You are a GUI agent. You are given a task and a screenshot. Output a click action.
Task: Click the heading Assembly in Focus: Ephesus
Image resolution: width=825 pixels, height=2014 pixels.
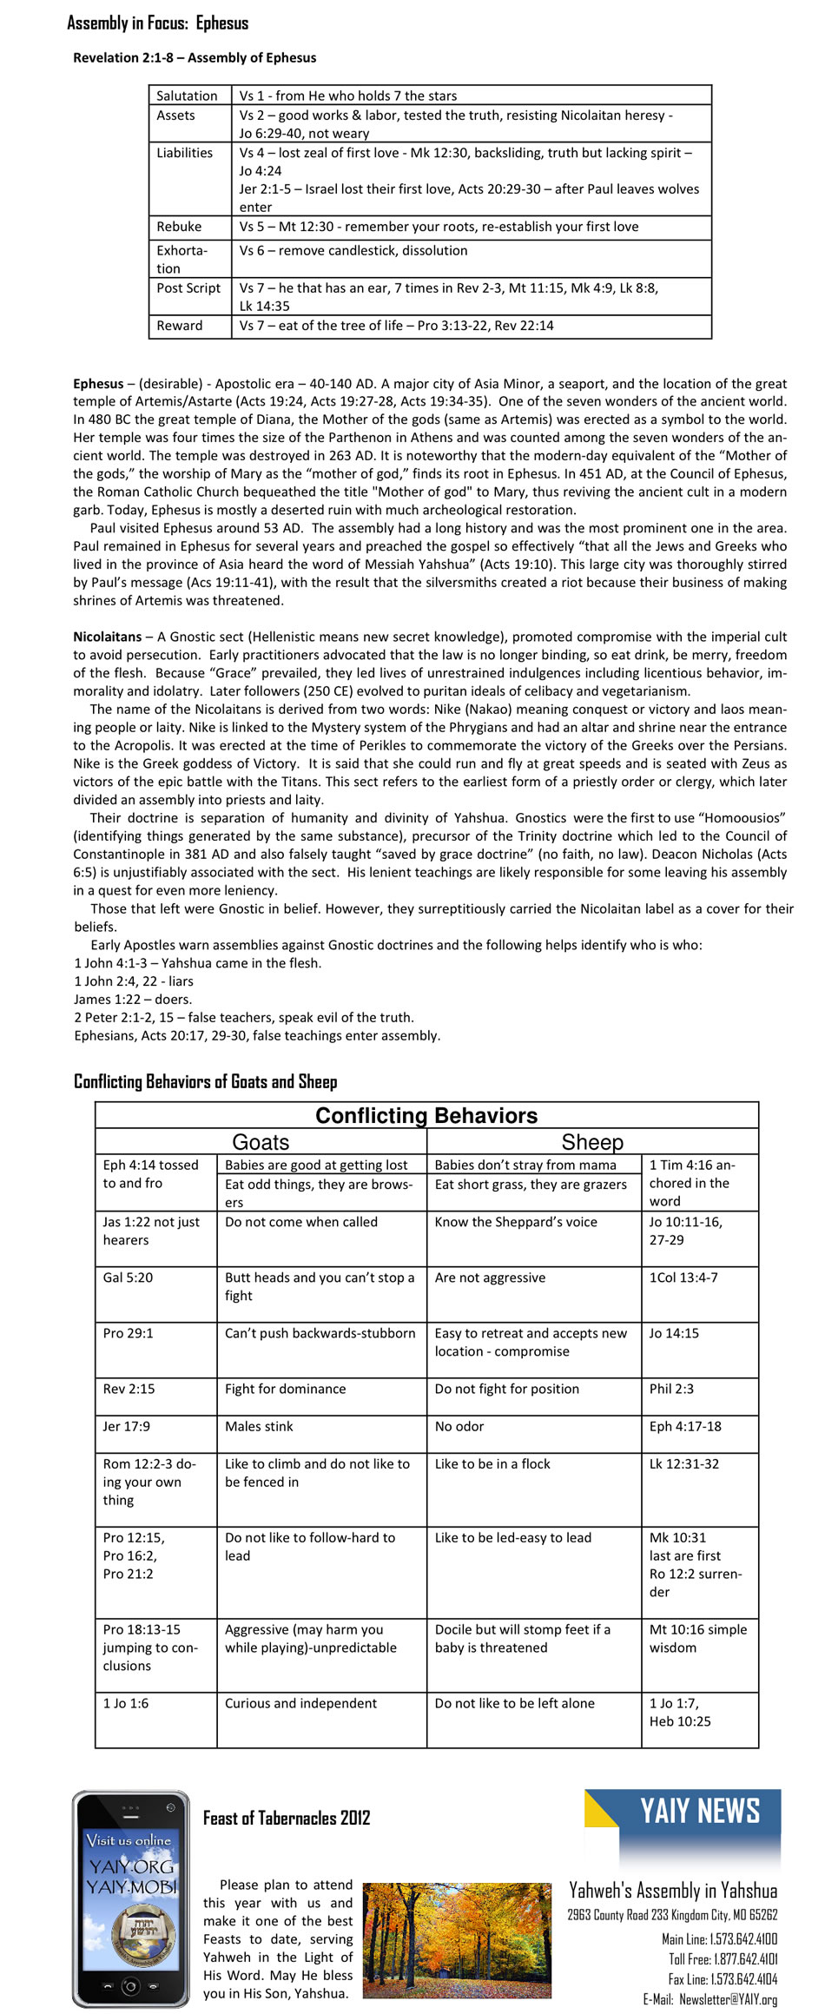click(157, 23)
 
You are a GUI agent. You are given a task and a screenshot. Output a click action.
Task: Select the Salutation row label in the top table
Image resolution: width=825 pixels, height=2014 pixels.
click(187, 96)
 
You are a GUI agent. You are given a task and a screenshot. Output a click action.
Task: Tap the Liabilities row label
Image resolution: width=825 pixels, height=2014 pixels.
click(184, 153)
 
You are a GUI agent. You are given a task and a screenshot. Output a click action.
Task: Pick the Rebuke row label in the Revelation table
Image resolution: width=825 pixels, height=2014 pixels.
click(179, 227)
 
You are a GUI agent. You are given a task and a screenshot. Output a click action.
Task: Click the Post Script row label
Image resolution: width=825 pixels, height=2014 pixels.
click(188, 288)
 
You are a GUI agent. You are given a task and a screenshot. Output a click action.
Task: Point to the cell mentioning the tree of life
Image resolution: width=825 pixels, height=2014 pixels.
click(396, 326)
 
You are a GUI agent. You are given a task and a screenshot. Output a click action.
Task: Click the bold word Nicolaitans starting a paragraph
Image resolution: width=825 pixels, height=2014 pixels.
click(107, 637)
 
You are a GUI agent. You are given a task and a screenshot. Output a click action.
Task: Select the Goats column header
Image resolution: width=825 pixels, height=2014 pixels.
click(261, 1142)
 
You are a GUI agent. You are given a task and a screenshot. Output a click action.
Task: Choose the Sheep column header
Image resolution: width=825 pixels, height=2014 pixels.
click(592, 1142)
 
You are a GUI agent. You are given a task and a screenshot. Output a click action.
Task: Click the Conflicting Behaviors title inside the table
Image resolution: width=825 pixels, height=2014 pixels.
click(426, 1116)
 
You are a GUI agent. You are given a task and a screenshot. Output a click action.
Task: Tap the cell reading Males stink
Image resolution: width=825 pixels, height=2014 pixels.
click(259, 1426)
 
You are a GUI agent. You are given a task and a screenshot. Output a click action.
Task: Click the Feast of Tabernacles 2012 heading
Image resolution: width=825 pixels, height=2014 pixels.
click(287, 1818)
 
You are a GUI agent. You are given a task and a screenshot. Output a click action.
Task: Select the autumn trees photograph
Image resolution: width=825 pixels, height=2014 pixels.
click(456, 1939)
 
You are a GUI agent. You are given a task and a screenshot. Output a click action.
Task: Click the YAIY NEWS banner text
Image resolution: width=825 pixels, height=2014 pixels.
click(700, 1812)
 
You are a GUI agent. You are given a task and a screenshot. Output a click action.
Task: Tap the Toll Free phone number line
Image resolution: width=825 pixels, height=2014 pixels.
click(723, 1958)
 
